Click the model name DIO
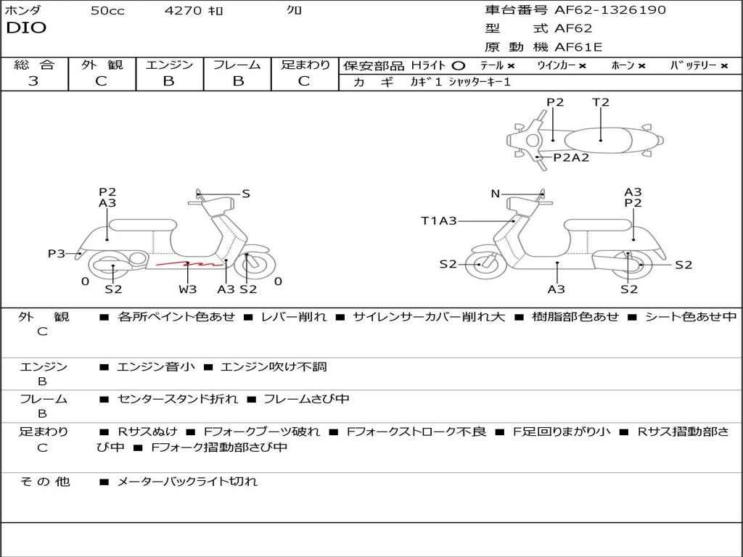click(26, 28)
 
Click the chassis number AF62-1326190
click(610, 10)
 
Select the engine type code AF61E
click(578, 47)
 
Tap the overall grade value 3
click(33, 81)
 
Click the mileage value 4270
click(183, 10)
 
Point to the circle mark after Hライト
click(459, 66)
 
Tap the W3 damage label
click(188, 289)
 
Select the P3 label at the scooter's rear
click(56, 254)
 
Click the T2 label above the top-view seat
click(600, 102)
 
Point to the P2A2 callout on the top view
click(571, 157)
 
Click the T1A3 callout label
click(439, 220)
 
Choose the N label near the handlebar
click(495, 194)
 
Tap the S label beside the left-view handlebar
click(246, 194)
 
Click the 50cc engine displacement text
click(107, 10)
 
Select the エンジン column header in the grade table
click(169, 65)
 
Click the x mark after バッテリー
click(724, 66)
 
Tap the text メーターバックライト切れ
click(187, 482)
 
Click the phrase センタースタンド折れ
click(178, 400)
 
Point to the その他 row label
click(45, 482)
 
